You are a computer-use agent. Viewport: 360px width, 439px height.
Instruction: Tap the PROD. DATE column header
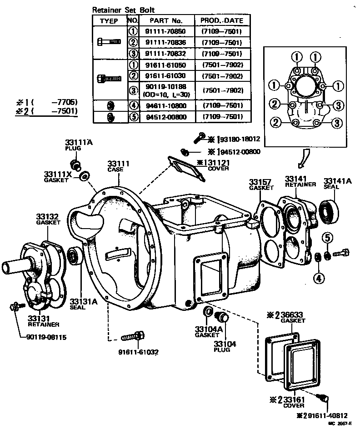[x=222, y=20]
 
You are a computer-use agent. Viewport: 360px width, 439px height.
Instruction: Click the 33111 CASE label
[x=119, y=166]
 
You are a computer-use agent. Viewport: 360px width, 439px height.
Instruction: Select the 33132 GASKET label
[x=48, y=219]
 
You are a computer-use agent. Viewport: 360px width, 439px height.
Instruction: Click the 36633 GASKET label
[x=291, y=317]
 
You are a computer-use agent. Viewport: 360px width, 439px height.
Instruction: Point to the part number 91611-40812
[x=325, y=414]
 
